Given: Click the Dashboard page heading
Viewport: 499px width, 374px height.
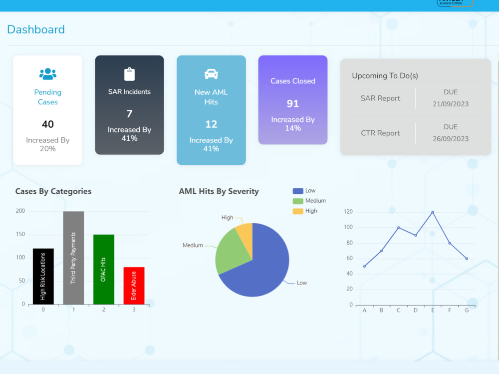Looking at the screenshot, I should pos(36,29).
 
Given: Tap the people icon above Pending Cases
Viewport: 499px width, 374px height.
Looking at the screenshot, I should pos(48,74).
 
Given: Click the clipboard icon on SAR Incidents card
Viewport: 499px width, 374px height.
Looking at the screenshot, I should pos(129,74).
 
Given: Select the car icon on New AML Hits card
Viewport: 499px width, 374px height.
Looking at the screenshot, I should pos(211,74).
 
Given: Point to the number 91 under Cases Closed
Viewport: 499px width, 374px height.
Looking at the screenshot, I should pos(293,103).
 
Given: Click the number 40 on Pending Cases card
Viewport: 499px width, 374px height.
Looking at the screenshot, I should pos(48,124).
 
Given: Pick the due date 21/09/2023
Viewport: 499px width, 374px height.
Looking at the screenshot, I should pos(450,104).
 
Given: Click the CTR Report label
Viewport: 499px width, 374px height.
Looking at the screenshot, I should pos(380,133).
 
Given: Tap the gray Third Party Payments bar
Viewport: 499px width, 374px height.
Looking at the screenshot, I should pos(73,258).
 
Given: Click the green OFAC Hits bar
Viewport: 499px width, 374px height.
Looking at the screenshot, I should pos(104,269).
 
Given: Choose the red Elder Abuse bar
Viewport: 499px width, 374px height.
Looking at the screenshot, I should pos(134,286).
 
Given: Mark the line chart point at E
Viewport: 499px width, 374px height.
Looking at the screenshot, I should pos(432,212).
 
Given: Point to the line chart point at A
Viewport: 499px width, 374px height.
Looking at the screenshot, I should pos(364,266).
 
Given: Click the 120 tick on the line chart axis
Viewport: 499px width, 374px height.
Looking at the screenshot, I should pos(348,212).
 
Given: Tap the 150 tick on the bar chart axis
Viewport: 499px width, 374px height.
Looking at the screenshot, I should pos(20,234).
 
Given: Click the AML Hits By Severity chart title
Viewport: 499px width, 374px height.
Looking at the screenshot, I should pos(219,191).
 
